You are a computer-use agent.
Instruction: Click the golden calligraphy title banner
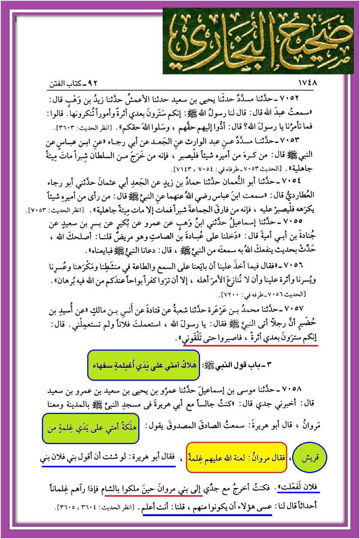click(258, 41)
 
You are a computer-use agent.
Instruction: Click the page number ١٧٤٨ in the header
click(307, 83)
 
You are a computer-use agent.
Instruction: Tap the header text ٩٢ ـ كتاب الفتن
click(74, 83)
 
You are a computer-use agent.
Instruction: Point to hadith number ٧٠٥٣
click(289, 141)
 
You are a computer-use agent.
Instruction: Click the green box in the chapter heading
click(144, 365)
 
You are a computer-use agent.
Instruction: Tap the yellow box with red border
click(236, 457)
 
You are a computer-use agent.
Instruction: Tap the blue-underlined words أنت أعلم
click(156, 507)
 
